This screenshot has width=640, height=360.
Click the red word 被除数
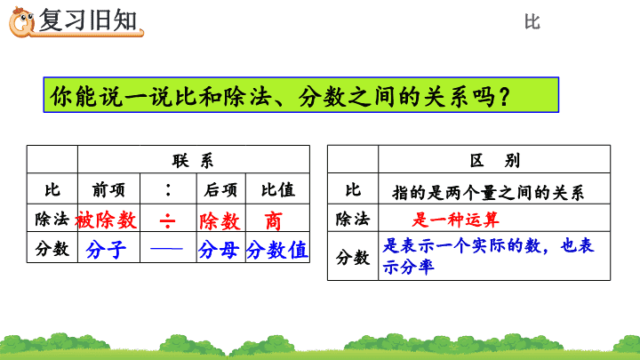coord(106,220)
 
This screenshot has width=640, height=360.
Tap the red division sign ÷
coord(167,221)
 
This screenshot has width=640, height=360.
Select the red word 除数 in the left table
coord(220,221)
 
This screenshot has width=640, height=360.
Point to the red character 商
coord(273,221)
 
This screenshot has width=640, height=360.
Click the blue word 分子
coord(106,250)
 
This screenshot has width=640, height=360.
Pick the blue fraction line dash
coord(166,249)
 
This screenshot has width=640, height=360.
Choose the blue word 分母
coord(219,250)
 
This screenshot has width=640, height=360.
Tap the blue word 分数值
coord(277,250)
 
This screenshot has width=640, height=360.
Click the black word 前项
coord(108,190)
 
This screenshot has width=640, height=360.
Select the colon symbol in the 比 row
coord(168,190)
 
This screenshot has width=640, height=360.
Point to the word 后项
coord(220,190)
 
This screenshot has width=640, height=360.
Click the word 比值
coord(278,190)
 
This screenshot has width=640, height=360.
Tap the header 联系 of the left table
coord(193,161)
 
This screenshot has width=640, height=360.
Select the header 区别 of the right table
coord(495,160)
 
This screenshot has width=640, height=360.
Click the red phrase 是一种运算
coord(455,220)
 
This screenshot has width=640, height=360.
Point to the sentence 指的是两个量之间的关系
coord(488,192)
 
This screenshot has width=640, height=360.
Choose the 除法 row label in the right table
coord(353,220)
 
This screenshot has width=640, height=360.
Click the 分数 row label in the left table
coord(52,249)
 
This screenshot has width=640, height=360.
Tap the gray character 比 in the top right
coord(532,21)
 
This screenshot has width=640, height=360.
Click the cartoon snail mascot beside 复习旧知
coord(21,22)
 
